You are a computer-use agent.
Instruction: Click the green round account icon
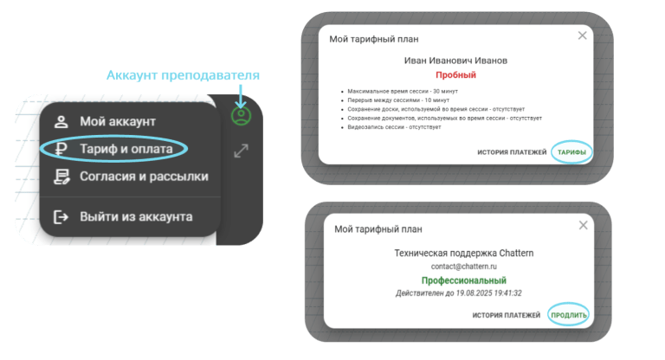click(241, 116)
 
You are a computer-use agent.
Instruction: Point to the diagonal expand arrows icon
click(242, 151)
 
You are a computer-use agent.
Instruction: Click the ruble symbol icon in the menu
click(61, 149)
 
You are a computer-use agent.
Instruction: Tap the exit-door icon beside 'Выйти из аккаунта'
click(61, 216)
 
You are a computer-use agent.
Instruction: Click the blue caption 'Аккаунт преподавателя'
click(183, 75)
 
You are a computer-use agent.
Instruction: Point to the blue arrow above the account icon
click(241, 96)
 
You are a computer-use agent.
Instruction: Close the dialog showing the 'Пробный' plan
click(582, 35)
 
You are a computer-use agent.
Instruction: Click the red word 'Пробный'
click(456, 75)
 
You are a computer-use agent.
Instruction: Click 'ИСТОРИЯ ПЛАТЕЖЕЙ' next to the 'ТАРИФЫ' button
click(512, 152)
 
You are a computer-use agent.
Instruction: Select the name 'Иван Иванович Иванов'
click(455, 61)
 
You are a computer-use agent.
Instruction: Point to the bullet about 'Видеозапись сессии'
click(394, 127)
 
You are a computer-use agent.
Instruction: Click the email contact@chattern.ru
click(463, 267)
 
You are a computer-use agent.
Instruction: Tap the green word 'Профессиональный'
click(463, 280)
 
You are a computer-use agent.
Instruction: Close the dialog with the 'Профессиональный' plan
click(583, 226)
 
